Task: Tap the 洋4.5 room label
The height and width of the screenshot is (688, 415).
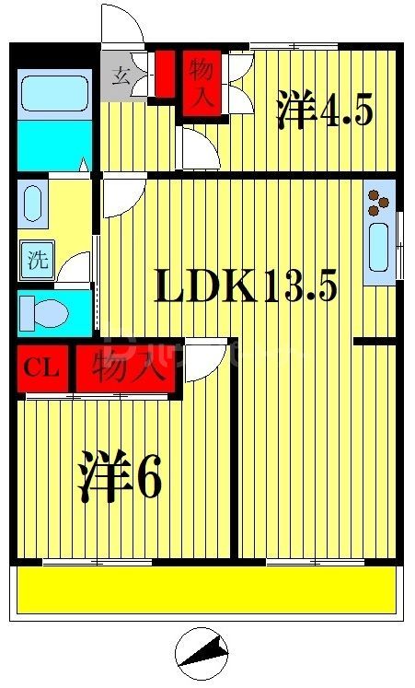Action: tap(324, 112)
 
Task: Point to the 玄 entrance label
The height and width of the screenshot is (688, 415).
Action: tap(121, 75)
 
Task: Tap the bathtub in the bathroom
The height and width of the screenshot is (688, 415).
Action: tap(53, 92)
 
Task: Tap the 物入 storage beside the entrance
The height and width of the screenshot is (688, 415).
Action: tap(202, 84)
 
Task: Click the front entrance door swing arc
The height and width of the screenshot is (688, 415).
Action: tap(123, 26)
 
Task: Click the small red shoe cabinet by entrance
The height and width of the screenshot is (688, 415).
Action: tap(166, 74)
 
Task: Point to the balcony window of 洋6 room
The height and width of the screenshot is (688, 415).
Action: tap(85, 561)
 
